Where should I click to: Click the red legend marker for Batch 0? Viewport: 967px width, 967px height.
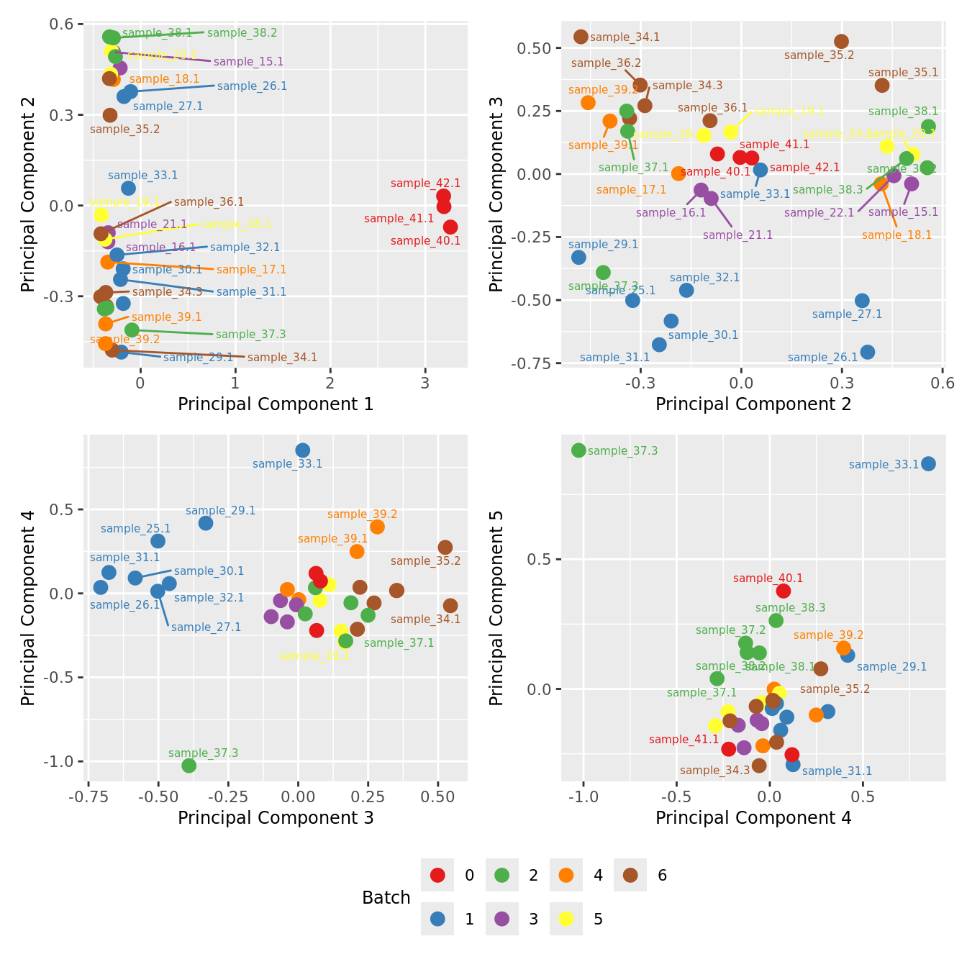(x=437, y=875)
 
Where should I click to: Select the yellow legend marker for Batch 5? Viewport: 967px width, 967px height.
(x=566, y=919)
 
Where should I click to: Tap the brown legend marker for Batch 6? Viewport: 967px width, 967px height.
(x=630, y=875)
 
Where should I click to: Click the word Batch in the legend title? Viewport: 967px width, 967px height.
(x=386, y=898)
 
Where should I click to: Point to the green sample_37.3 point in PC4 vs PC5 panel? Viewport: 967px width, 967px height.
(x=578, y=450)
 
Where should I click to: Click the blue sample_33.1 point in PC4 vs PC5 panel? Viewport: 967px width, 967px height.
(x=928, y=464)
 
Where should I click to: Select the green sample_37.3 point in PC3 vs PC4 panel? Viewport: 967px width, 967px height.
(x=189, y=766)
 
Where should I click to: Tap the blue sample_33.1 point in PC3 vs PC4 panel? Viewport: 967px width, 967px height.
(x=303, y=450)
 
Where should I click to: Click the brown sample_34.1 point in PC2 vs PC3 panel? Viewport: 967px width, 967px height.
(x=581, y=37)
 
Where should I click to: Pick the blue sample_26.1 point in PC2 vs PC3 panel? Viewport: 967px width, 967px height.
(x=868, y=352)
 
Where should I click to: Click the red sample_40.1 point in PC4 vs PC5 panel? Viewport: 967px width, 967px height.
(x=784, y=591)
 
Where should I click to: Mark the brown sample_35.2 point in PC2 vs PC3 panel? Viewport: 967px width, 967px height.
(x=841, y=42)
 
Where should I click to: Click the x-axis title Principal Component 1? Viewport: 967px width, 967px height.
(x=276, y=404)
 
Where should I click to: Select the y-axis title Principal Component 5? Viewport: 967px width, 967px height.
(x=496, y=607)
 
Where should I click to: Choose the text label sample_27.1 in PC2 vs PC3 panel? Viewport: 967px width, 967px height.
(x=847, y=314)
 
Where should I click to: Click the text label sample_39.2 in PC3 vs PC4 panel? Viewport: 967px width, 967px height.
(x=362, y=514)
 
